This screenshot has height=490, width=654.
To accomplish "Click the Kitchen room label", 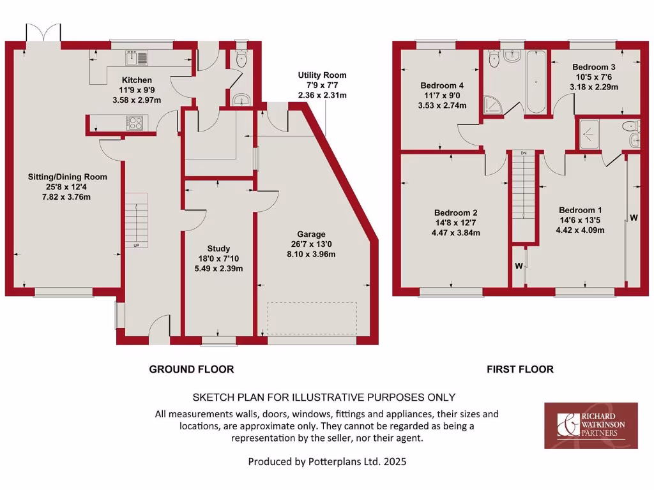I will click(x=137, y=80).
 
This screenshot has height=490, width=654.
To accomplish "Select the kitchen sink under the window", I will click(x=137, y=58).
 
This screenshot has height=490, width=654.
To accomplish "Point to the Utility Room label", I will click(x=322, y=75).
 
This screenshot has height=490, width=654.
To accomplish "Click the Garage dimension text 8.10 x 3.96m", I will click(x=311, y=254).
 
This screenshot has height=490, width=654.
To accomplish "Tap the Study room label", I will click(x=218, y=249).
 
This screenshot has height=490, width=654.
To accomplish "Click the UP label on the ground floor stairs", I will click(x=136, y=246).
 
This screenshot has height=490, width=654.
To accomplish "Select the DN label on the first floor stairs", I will click(x=523, y=154).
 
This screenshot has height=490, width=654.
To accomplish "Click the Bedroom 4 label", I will click(x=441, y=85).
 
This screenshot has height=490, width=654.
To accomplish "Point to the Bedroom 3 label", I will click(x=593, y=67).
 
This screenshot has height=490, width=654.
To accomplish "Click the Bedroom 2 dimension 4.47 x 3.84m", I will click(x=456, y=233).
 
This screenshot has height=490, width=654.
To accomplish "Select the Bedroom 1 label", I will click(x=580, y=210).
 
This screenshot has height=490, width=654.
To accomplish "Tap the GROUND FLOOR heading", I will click(x=191, y=369).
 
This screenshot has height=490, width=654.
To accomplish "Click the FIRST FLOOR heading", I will click(x=520, y=369).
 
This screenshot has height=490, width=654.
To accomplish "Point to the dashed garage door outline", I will click(x=312, y=318).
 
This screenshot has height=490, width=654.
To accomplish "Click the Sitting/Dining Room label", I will click(x=67, y=177).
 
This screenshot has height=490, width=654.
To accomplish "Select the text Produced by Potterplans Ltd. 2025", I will click(x=327, y=461).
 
